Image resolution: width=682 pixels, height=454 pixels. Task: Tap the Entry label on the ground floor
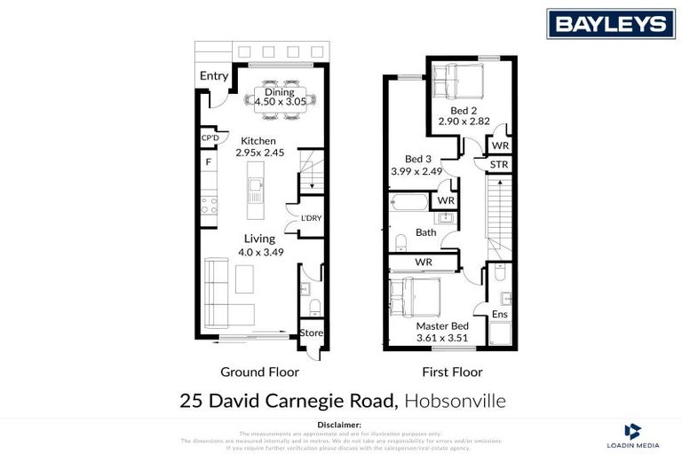(x=213, y=76)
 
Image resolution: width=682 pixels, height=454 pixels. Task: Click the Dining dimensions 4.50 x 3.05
(x=280, y=102)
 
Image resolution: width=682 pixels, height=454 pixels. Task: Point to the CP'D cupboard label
(x=210, y=138)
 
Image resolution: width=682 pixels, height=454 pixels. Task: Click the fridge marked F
(x=209, y=162)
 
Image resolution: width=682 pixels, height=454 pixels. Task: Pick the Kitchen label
(x=258, y=141)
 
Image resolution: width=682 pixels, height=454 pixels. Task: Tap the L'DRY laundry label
(x=310, y=218)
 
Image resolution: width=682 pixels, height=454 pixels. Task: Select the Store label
(x=311, y=333)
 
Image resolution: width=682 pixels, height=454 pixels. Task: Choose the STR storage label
(x=499, y=164)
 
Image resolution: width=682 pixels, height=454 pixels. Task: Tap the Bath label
(x=426, y=233)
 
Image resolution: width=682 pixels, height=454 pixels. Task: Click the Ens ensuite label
(x=500, y=313)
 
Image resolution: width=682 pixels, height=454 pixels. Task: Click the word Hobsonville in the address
(x=455, y=401)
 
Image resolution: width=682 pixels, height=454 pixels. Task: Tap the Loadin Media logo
(x=632, y=434)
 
